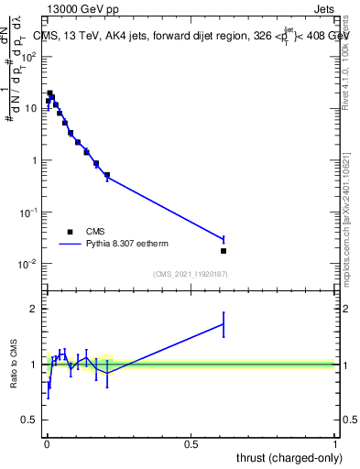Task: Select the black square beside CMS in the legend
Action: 70,232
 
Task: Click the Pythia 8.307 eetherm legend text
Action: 133,245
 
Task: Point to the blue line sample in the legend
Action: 70,245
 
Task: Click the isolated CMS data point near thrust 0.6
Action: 224,251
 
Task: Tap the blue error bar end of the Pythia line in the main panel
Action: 224,239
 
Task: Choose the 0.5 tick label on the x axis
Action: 191,444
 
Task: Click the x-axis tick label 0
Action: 47,444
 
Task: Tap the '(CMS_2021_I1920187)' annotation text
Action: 191,274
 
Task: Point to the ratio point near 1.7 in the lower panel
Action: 224,324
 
